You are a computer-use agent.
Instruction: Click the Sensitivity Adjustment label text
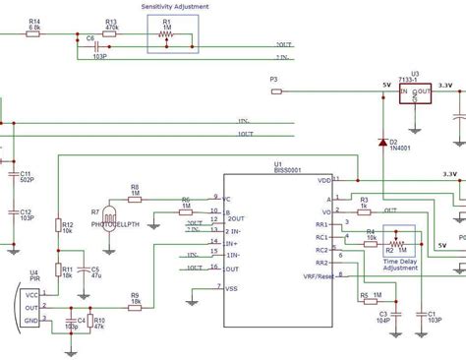[173, 7]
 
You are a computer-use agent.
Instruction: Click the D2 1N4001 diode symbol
[381, 144]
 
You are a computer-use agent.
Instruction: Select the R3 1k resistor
[364, 210]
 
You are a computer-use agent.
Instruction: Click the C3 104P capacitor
[383, 314]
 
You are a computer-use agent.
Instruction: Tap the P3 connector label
[274, 79]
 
